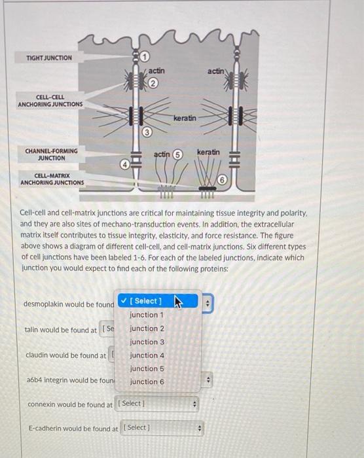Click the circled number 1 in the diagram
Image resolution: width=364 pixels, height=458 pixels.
click(145, 56)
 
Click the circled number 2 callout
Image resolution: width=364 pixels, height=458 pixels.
click(153, 83)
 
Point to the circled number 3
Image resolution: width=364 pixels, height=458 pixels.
click(147, 132)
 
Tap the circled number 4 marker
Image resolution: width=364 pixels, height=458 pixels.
click(125, 165)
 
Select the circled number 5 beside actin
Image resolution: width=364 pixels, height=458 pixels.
click(177, 154)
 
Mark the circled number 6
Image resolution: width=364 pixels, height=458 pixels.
click(222, 180)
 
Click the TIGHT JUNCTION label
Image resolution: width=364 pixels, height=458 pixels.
click(49, 58)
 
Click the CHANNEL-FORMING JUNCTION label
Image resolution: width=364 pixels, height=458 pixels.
click(52, 154)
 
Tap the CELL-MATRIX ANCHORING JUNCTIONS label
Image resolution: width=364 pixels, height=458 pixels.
click(52, 179)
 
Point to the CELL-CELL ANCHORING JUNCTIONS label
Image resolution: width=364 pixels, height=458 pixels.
click(50, 101)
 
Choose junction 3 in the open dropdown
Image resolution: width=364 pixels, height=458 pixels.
click(147, 342)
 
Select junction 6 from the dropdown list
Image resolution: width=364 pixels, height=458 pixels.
click(147, 381)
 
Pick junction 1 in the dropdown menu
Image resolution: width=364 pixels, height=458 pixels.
click(147, 315)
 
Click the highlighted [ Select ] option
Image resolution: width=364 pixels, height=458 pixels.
click(158, 301)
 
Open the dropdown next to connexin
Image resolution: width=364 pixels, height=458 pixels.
click(157, 404)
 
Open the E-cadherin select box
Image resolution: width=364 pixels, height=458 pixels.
click(162, 428)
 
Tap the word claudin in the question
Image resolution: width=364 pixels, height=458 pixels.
click(37, 355)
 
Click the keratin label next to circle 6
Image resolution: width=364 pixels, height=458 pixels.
click(208, 152)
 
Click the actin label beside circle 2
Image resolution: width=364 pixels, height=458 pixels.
click(156, 71)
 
